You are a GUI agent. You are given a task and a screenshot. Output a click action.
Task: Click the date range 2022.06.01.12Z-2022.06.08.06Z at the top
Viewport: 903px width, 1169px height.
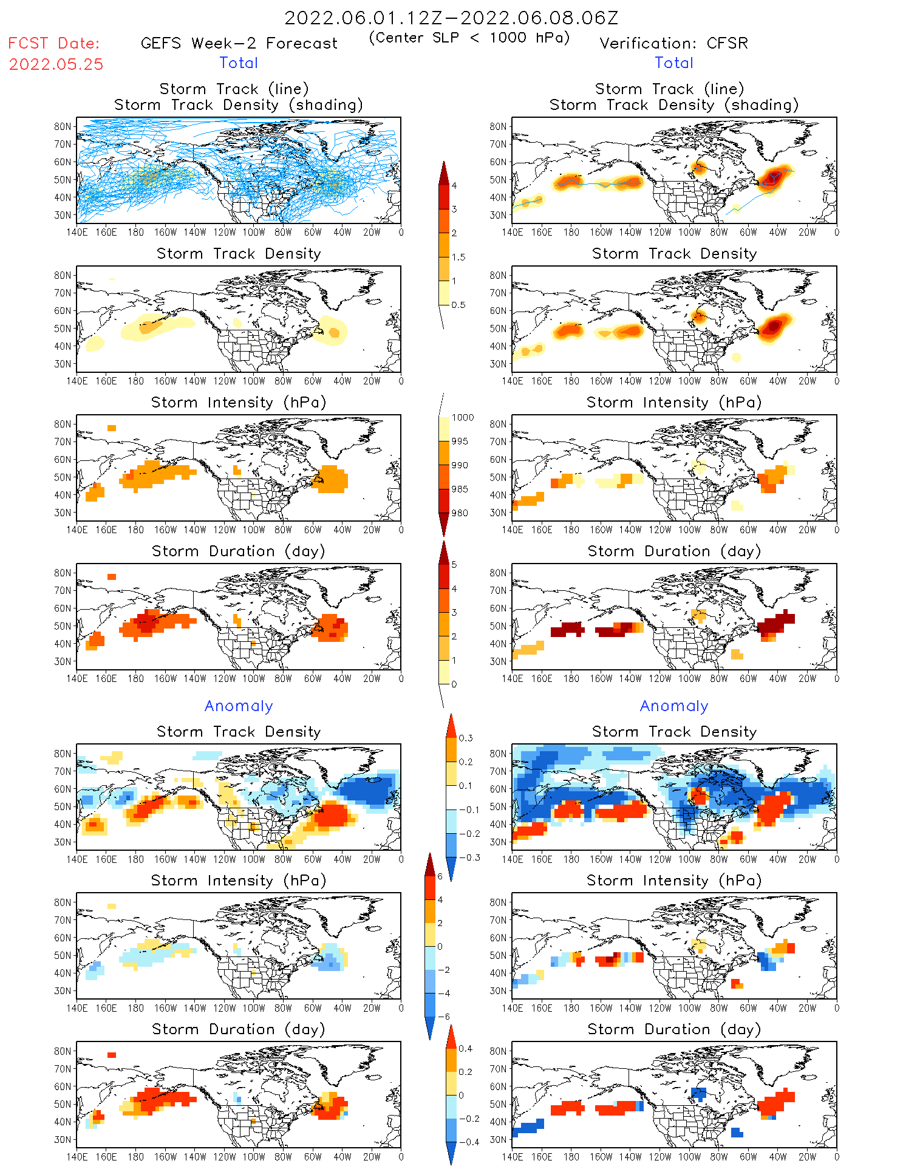pos(451,18)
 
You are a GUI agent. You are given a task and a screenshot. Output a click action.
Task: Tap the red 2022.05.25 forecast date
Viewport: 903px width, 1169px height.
pos(56,64)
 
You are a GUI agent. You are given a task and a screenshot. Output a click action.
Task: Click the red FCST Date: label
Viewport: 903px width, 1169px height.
pos(53,43)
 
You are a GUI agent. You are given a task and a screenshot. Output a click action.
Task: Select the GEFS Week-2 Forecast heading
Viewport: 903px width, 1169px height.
pos(239,43)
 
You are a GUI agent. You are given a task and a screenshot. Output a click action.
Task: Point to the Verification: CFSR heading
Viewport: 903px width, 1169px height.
pos(673,43)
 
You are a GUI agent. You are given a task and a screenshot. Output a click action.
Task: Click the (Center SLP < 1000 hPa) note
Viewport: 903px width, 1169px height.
pos(469,38)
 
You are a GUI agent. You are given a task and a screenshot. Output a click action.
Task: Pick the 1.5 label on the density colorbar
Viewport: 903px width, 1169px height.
pos(458,257)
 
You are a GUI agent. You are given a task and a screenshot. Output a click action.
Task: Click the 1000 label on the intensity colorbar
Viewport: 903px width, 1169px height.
pos(462,417)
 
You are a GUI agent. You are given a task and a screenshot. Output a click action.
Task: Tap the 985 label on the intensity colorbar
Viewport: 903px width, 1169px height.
pos(460,489)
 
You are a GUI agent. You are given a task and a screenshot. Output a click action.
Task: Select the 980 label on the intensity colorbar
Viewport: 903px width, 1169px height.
pos(460,513)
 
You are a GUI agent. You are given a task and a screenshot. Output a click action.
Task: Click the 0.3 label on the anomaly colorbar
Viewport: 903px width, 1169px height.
pos(465,738)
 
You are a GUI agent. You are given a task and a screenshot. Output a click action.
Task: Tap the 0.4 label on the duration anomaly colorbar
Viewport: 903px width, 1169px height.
pos(465,1048)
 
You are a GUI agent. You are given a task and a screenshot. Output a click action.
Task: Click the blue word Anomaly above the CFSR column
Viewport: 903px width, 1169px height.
pos(673,706)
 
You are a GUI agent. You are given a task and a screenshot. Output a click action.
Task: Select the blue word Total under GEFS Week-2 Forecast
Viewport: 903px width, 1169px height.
pos(239,63)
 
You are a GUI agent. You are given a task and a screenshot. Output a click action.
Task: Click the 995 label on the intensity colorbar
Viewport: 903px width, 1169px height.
pos(460,441)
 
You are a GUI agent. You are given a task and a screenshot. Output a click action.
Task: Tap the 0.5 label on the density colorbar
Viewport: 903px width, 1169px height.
pos(458,304)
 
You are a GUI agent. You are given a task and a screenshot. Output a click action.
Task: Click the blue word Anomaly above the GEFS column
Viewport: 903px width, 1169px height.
pos(239,706)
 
